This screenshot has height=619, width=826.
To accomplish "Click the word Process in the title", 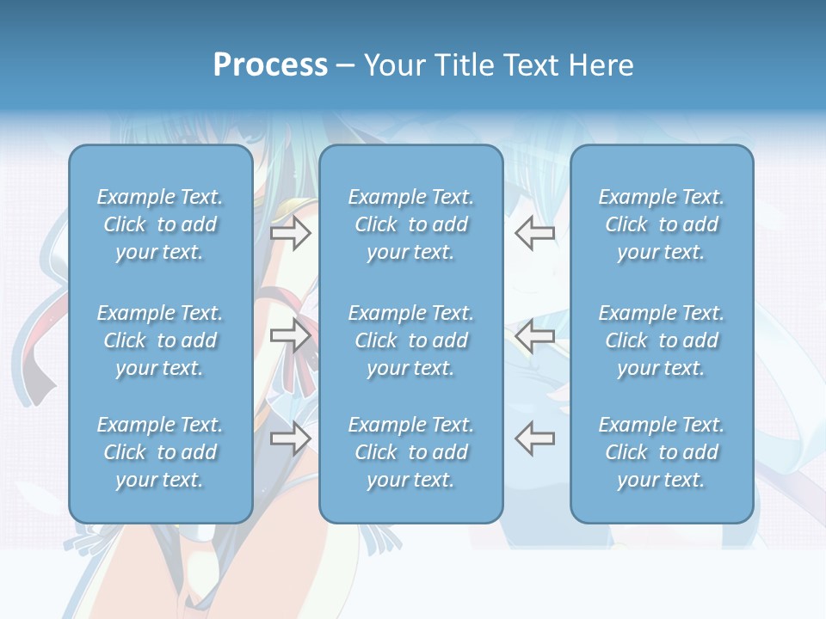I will [x=270, y=65].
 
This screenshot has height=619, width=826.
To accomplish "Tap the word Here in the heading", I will [x=600, y=65].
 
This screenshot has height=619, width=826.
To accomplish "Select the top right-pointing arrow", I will [x=290, y=233].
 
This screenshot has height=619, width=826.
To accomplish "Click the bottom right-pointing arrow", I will [x=290, y=438].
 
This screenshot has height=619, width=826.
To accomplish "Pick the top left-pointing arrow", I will [x=534, y=233].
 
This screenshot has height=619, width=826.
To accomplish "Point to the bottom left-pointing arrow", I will [x=534, y=438].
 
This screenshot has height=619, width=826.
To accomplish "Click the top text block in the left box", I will [x=160, y=224].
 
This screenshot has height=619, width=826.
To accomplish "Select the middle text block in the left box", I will [x=160, y=340].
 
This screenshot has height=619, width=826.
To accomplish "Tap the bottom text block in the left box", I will [x=160, y=452].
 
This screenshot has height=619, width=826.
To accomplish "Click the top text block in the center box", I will [x=410, y=224].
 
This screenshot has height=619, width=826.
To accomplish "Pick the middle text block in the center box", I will [x=410, y=340].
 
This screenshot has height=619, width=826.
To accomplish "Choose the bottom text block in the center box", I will [x=410, y=452].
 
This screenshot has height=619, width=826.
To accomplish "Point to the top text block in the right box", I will [x=662, y=224].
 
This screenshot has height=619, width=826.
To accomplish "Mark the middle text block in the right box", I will [x=662, y=340].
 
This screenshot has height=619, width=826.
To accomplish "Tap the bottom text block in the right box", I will [x=662, y=452].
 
